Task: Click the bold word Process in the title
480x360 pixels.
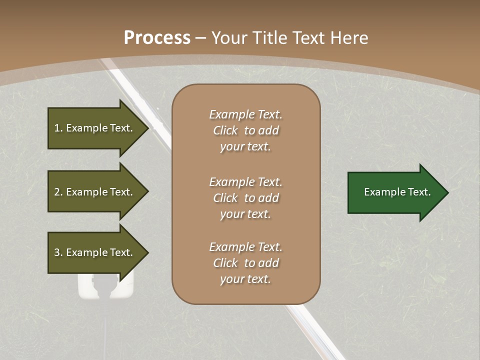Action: [x=157, y=38]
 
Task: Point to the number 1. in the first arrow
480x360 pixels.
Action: [x=58, y=128]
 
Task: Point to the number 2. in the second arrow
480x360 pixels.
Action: [x=58, y=192]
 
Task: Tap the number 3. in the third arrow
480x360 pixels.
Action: [x=58, y=252]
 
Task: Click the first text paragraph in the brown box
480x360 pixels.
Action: [x=245, y=130]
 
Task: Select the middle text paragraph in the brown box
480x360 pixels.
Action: [x=245, y=198]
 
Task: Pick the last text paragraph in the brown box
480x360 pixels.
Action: [x=245, y=263]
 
